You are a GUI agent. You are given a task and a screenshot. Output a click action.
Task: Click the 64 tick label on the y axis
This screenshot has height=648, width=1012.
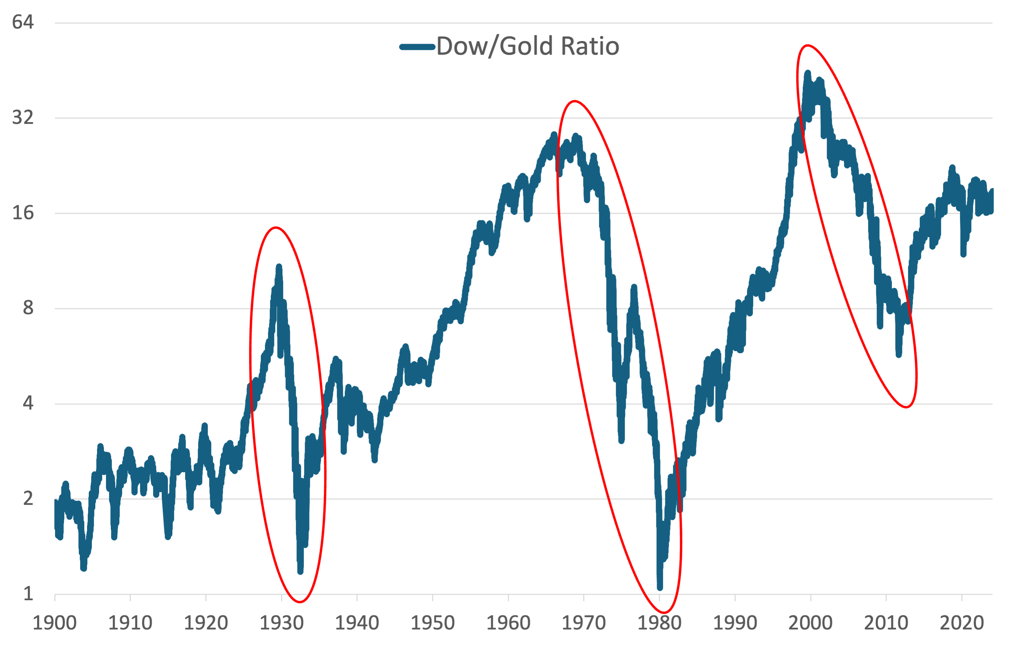23,22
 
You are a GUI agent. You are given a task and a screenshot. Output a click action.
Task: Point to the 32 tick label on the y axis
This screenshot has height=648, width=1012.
23,117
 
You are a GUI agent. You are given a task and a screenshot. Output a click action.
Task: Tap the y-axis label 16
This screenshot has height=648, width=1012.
23,212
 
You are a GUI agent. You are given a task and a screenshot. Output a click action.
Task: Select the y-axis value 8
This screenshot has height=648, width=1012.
28,308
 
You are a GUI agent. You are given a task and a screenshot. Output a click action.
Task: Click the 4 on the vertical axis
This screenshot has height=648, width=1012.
28,403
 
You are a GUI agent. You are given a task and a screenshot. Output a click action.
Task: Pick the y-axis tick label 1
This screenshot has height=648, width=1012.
28,594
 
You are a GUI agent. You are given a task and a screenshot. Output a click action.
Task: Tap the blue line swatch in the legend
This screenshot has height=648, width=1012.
417,47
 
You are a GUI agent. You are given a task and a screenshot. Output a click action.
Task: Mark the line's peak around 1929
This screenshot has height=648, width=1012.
279,267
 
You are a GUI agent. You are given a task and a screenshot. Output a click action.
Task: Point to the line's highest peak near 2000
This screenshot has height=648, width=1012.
807,74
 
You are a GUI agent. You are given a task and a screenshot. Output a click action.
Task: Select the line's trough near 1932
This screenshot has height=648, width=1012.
300,571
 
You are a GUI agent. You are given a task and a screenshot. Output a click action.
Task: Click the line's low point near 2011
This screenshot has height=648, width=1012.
899,354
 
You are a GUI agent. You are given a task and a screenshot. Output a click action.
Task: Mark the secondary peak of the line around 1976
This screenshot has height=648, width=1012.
634,288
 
